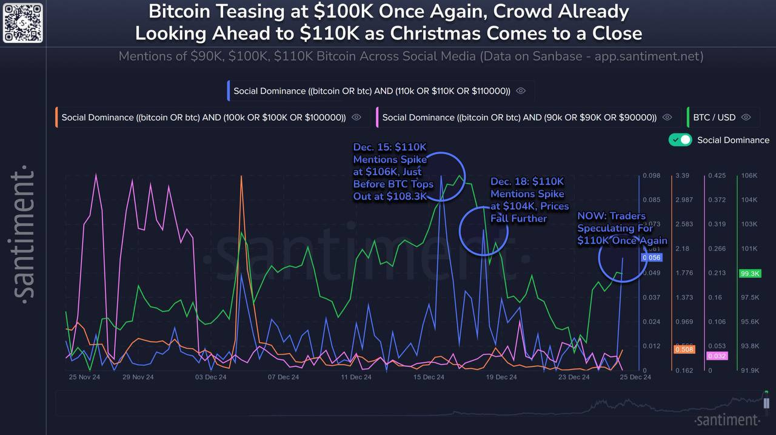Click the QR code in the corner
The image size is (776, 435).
click(23, 22)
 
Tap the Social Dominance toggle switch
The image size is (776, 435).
click(680, 140)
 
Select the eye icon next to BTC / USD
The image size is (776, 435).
click(746, 117)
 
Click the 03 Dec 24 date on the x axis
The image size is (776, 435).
click(210, 377)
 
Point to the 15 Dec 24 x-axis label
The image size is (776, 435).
click(429, 377)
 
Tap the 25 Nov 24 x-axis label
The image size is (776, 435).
click(85, 377)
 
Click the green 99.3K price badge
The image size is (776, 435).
click(749, 274)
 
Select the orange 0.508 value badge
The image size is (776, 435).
click(684, 349)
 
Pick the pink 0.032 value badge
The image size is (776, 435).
click(717, 356)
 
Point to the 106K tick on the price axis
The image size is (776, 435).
click(749, 176)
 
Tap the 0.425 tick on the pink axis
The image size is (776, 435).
click(716, 176)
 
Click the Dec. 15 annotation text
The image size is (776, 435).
click(393, 172)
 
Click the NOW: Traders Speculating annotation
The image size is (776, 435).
click(622, 228)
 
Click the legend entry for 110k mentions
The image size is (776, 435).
click(372, 91)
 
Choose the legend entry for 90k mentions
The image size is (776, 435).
click(519, 117)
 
